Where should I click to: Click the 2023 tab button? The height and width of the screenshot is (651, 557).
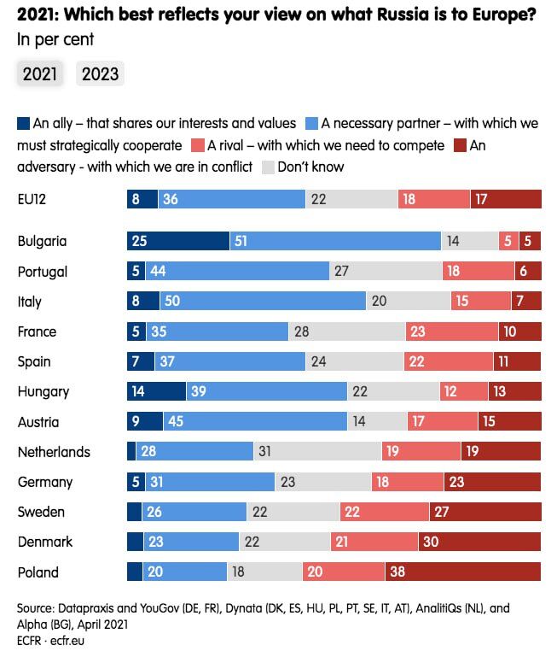click(100, 74)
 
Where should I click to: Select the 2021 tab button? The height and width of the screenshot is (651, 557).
click(39, 74)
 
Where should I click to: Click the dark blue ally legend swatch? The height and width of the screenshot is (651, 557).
click(23, 123)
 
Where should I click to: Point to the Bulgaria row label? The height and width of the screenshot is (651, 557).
click(42, 242)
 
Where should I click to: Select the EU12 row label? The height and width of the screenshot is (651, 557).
click(32, 199)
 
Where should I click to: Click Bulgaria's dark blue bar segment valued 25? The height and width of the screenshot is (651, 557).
click(177, 242)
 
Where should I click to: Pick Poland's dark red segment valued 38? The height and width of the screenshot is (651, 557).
click(462, 572)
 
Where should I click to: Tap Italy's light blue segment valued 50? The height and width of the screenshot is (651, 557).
click(263, 302)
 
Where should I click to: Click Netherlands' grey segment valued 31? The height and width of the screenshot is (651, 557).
click(317, 452)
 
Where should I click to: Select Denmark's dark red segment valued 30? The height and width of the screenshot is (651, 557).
click(479, 542)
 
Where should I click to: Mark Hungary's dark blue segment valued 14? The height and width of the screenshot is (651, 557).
click(155, 392)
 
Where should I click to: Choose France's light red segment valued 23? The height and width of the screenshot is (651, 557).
click(451, 331)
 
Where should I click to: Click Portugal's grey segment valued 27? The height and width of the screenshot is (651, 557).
click(386, 272)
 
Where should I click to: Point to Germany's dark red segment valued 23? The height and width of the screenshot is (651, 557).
click(493, 482)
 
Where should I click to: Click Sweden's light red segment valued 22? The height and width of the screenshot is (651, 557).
click(384, 512)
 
